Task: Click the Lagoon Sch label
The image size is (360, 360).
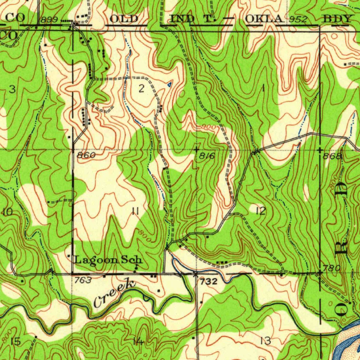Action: tap(109, 260)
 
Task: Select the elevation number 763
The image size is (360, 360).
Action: tap(83, 280)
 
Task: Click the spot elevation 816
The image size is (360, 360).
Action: tap(207, 156)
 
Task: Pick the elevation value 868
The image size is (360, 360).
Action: tap(333, 156)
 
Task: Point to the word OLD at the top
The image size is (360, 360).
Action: tap(124, 19)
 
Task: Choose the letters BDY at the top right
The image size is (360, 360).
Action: tap(337, 19)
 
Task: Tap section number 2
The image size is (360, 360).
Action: tap(141, 89)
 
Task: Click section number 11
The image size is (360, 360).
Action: tap(135, 211)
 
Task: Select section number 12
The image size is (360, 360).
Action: tap(261, 211)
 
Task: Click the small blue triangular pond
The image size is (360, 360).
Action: tap(169, 84)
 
